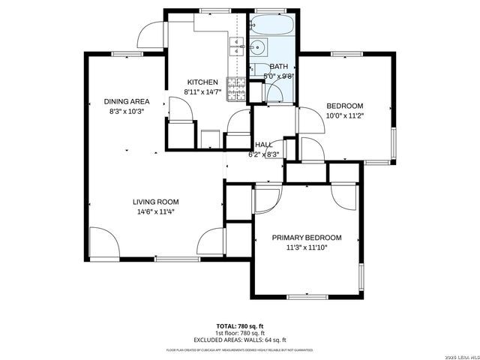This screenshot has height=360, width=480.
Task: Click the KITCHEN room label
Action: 202,82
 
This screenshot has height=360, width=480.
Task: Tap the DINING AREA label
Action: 127,102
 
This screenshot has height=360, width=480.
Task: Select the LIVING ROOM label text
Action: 156,202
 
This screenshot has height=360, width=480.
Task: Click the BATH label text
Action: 278,67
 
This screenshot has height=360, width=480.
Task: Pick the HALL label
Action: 264,145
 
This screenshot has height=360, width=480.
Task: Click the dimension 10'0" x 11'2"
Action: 344,115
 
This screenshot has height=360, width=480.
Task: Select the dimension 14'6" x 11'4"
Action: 156,211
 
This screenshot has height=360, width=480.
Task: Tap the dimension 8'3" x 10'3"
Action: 127,111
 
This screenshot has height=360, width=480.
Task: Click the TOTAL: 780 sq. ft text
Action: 240,326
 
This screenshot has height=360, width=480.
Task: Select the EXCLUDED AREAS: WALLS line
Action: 240,338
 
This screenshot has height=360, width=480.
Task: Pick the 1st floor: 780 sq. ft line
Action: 240,332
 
